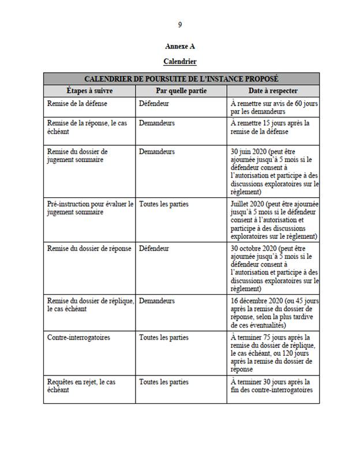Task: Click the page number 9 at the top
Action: (180, 25)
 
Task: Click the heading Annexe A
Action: (180, 47)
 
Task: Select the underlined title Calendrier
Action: (180, 61)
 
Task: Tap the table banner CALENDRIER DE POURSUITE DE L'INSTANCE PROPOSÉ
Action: (181, 78)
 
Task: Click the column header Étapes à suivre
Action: (89, 91)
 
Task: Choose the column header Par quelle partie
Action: (181, 91)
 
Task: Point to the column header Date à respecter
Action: (273, 91)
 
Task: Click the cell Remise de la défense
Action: (76, 103)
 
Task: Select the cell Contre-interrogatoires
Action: (78, 337)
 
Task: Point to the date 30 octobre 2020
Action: (254, 249)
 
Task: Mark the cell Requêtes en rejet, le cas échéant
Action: (81, 386)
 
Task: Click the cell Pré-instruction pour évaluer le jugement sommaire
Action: (89, 208)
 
